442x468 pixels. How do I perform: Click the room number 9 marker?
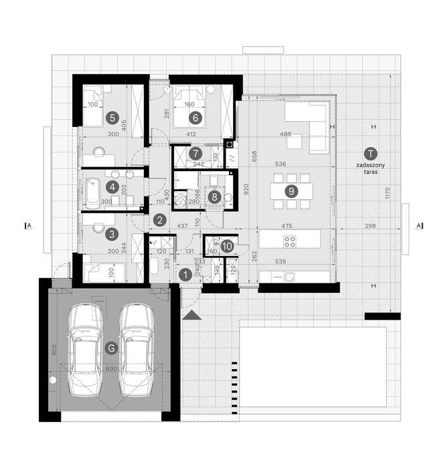click(x=291, y=191)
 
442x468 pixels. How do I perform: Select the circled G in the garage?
click(x=112, y=347)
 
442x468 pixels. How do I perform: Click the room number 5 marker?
click(x=112, y=118)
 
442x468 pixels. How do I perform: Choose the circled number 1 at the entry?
click(x=185, y=273)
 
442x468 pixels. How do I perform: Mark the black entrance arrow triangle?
click(x=192, y=315)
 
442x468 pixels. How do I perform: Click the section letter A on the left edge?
click(x=28, y=226)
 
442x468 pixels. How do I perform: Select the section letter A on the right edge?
click(x=419, y=226)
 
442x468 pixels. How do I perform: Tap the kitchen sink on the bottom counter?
click(x=291, y=277)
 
